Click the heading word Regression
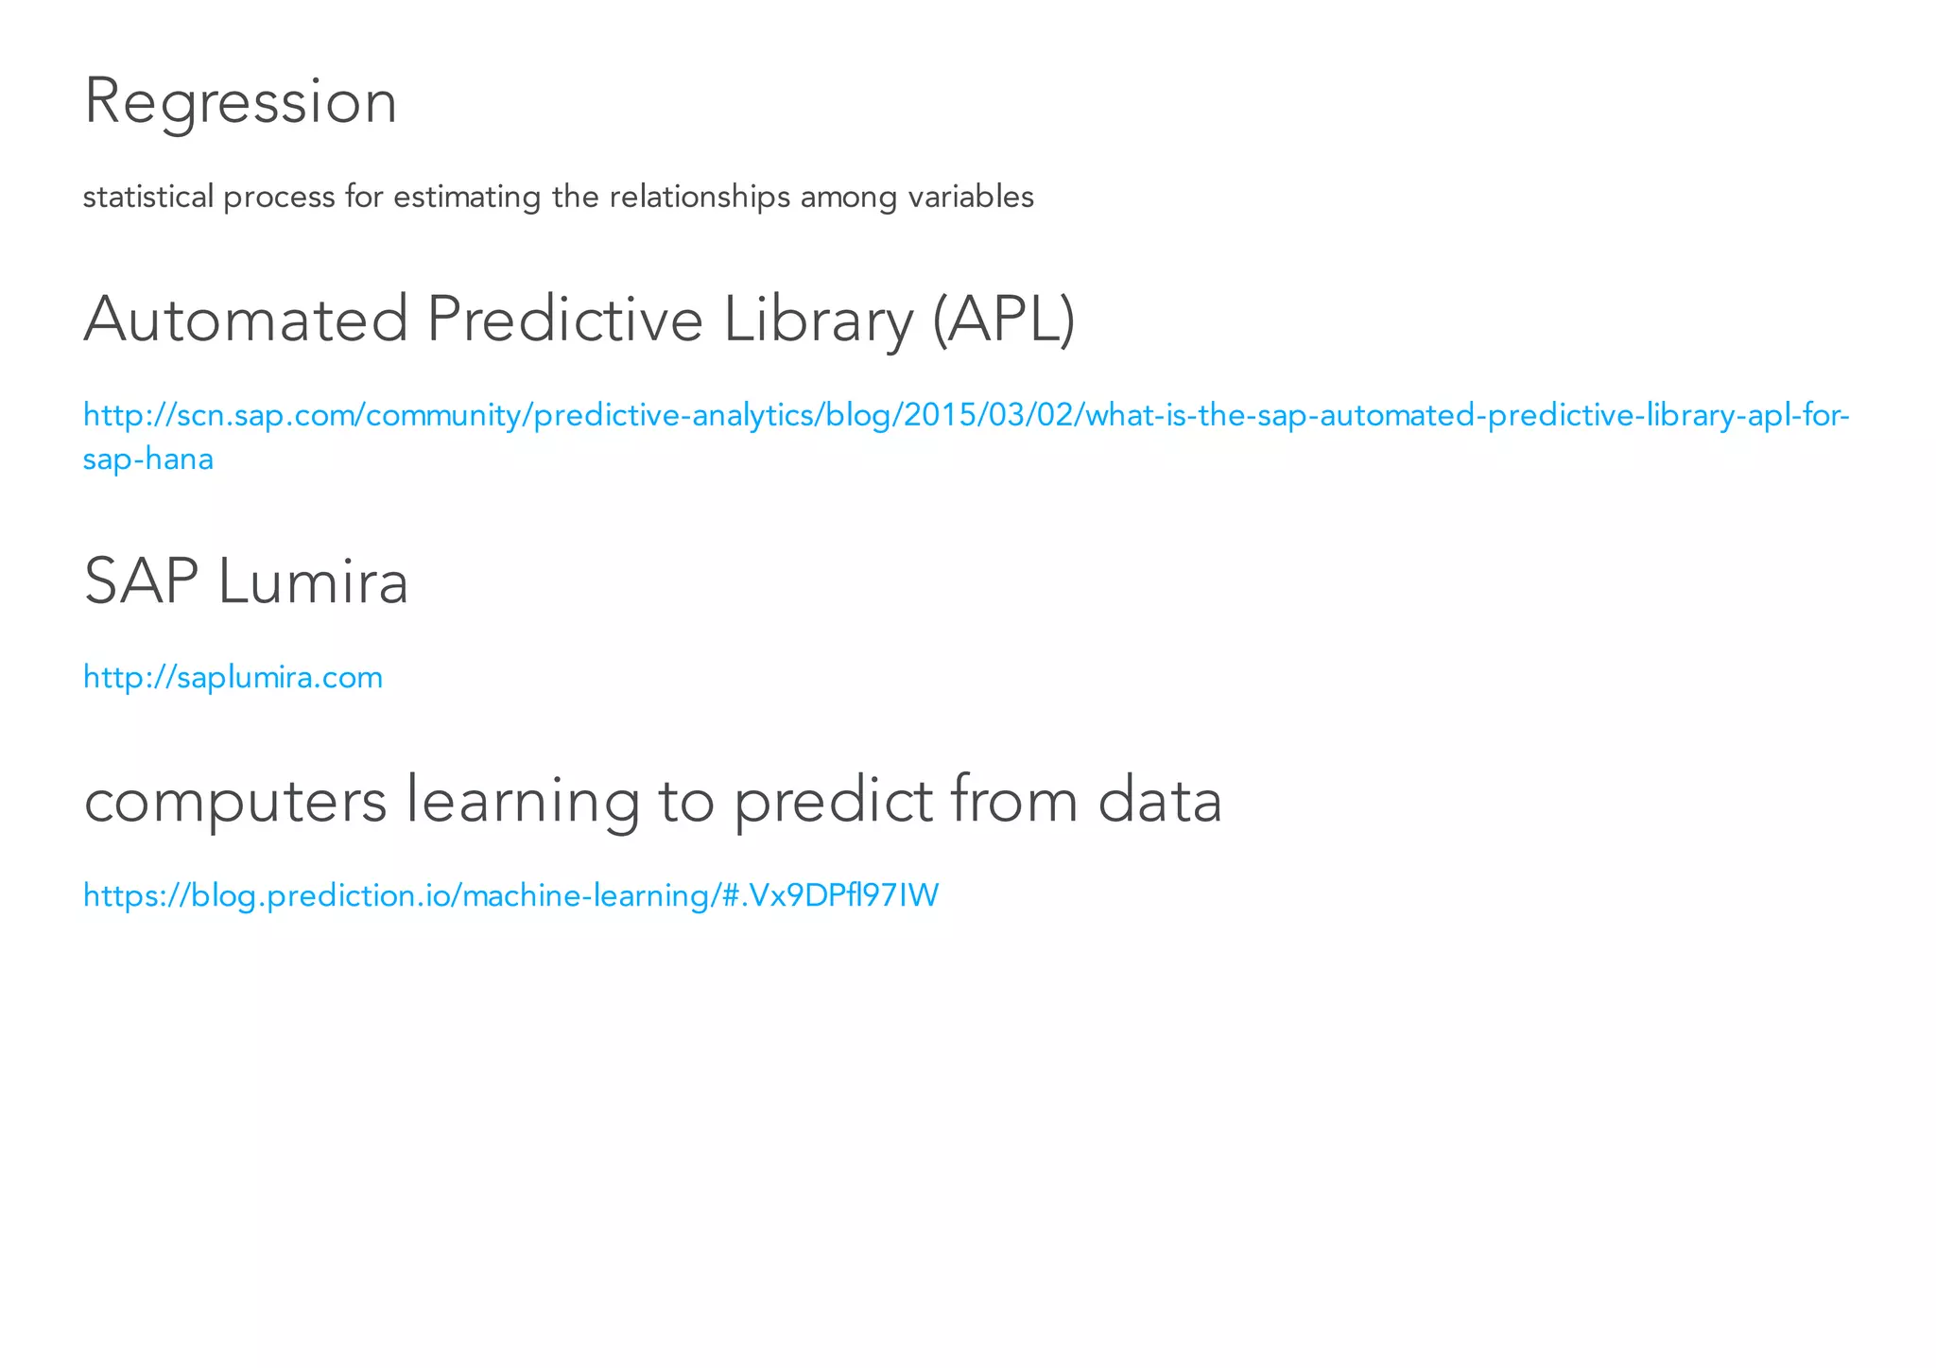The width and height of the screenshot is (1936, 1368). (240, 102)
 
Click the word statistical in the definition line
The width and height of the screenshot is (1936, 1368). (148, 197)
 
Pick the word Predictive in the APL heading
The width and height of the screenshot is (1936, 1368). (564, 320)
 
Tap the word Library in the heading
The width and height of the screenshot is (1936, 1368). (819, 320)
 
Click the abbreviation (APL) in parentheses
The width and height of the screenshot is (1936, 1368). (1003, 320)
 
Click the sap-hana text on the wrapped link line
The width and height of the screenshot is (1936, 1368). (148, 459)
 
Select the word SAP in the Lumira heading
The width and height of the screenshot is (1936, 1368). (141, 581)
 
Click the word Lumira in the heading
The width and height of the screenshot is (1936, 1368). (313, 581)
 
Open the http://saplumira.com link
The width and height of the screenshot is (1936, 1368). (233, 677)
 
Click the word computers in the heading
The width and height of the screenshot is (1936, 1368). (235, 801)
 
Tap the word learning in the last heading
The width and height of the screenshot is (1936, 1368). (523, 801)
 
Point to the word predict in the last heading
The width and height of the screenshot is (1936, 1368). (833, 801)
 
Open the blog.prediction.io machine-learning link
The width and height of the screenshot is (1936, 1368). (510, 894)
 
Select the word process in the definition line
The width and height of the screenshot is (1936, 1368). (279, 197)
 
